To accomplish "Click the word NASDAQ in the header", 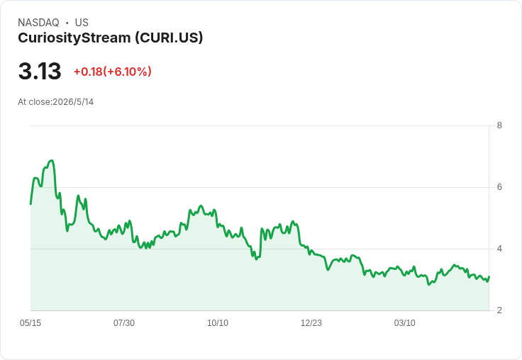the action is (x=38, y=23).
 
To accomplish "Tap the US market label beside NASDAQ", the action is (x=82, y=23).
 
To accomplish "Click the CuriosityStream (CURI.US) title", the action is (x=110, y=38).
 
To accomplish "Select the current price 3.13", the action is (x=40, y=71).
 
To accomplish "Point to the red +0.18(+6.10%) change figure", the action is (x=113, y=72).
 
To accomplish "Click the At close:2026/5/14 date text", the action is (x=55, y=102).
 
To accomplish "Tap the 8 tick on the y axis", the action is (x=499, y=125).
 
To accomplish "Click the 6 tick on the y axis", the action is (x=499, y=187).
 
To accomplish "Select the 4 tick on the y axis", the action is (x=499, y=249).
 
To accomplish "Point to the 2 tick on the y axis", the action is (x=499, y=310).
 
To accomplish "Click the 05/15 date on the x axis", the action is (x=30, y=322).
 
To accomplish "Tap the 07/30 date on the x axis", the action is (x=124, y=322).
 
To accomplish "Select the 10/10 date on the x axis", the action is (x=218, y=322).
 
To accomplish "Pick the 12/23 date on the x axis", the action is (x=311, y=322).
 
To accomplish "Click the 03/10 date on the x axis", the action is (x=404, y=322).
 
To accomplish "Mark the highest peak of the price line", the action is (x=51, y=160).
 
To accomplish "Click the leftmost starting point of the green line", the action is (x=30, y=204).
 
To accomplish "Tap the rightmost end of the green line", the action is (x=489, y=277).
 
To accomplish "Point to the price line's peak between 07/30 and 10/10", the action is (x=201, y=206).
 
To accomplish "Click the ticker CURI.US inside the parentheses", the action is (x=169, y=38).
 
